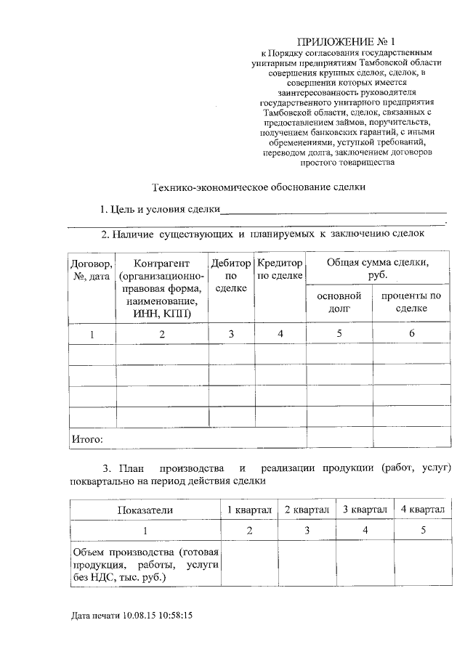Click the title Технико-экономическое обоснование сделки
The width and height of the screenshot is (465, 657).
pos(258,187)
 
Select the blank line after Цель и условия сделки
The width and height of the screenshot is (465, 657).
pos(333,211)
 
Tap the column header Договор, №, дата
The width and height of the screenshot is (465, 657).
pos(92,269)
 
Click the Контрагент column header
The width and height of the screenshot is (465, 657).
pos(161,287)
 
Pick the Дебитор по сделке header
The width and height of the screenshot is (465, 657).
pos(231,275)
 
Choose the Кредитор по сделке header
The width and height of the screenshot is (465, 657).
pos(280,269)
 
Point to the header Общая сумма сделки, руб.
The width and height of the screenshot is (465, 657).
pos(376,269)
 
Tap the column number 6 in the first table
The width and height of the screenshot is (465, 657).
pos(411,334)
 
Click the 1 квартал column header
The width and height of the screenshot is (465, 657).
pos(248,510)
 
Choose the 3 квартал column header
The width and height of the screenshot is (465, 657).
pos(365,510)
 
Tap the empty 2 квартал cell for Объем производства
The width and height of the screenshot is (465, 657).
pos(307,564)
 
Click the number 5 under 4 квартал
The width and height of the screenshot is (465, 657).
pos(423,531)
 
